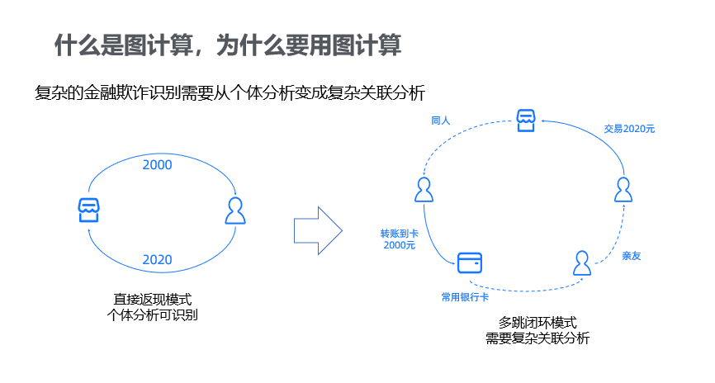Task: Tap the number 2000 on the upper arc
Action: click(157, 165)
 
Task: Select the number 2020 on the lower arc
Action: click(157, 260)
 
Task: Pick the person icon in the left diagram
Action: click(235, 210)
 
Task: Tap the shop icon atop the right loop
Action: click(527, 121)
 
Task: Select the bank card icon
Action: click(469, 262)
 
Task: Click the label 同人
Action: click(440, 121)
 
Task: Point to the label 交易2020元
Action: click(629, 129)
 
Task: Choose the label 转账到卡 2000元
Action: click(399, 239)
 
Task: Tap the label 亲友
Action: click(632, 256)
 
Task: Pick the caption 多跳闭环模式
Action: click(537, 322)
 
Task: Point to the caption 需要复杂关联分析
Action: click(537, 338)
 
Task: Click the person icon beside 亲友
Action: click(583, 263)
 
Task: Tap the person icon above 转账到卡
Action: click(424, 190)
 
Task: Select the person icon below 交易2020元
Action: click(624, 190)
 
